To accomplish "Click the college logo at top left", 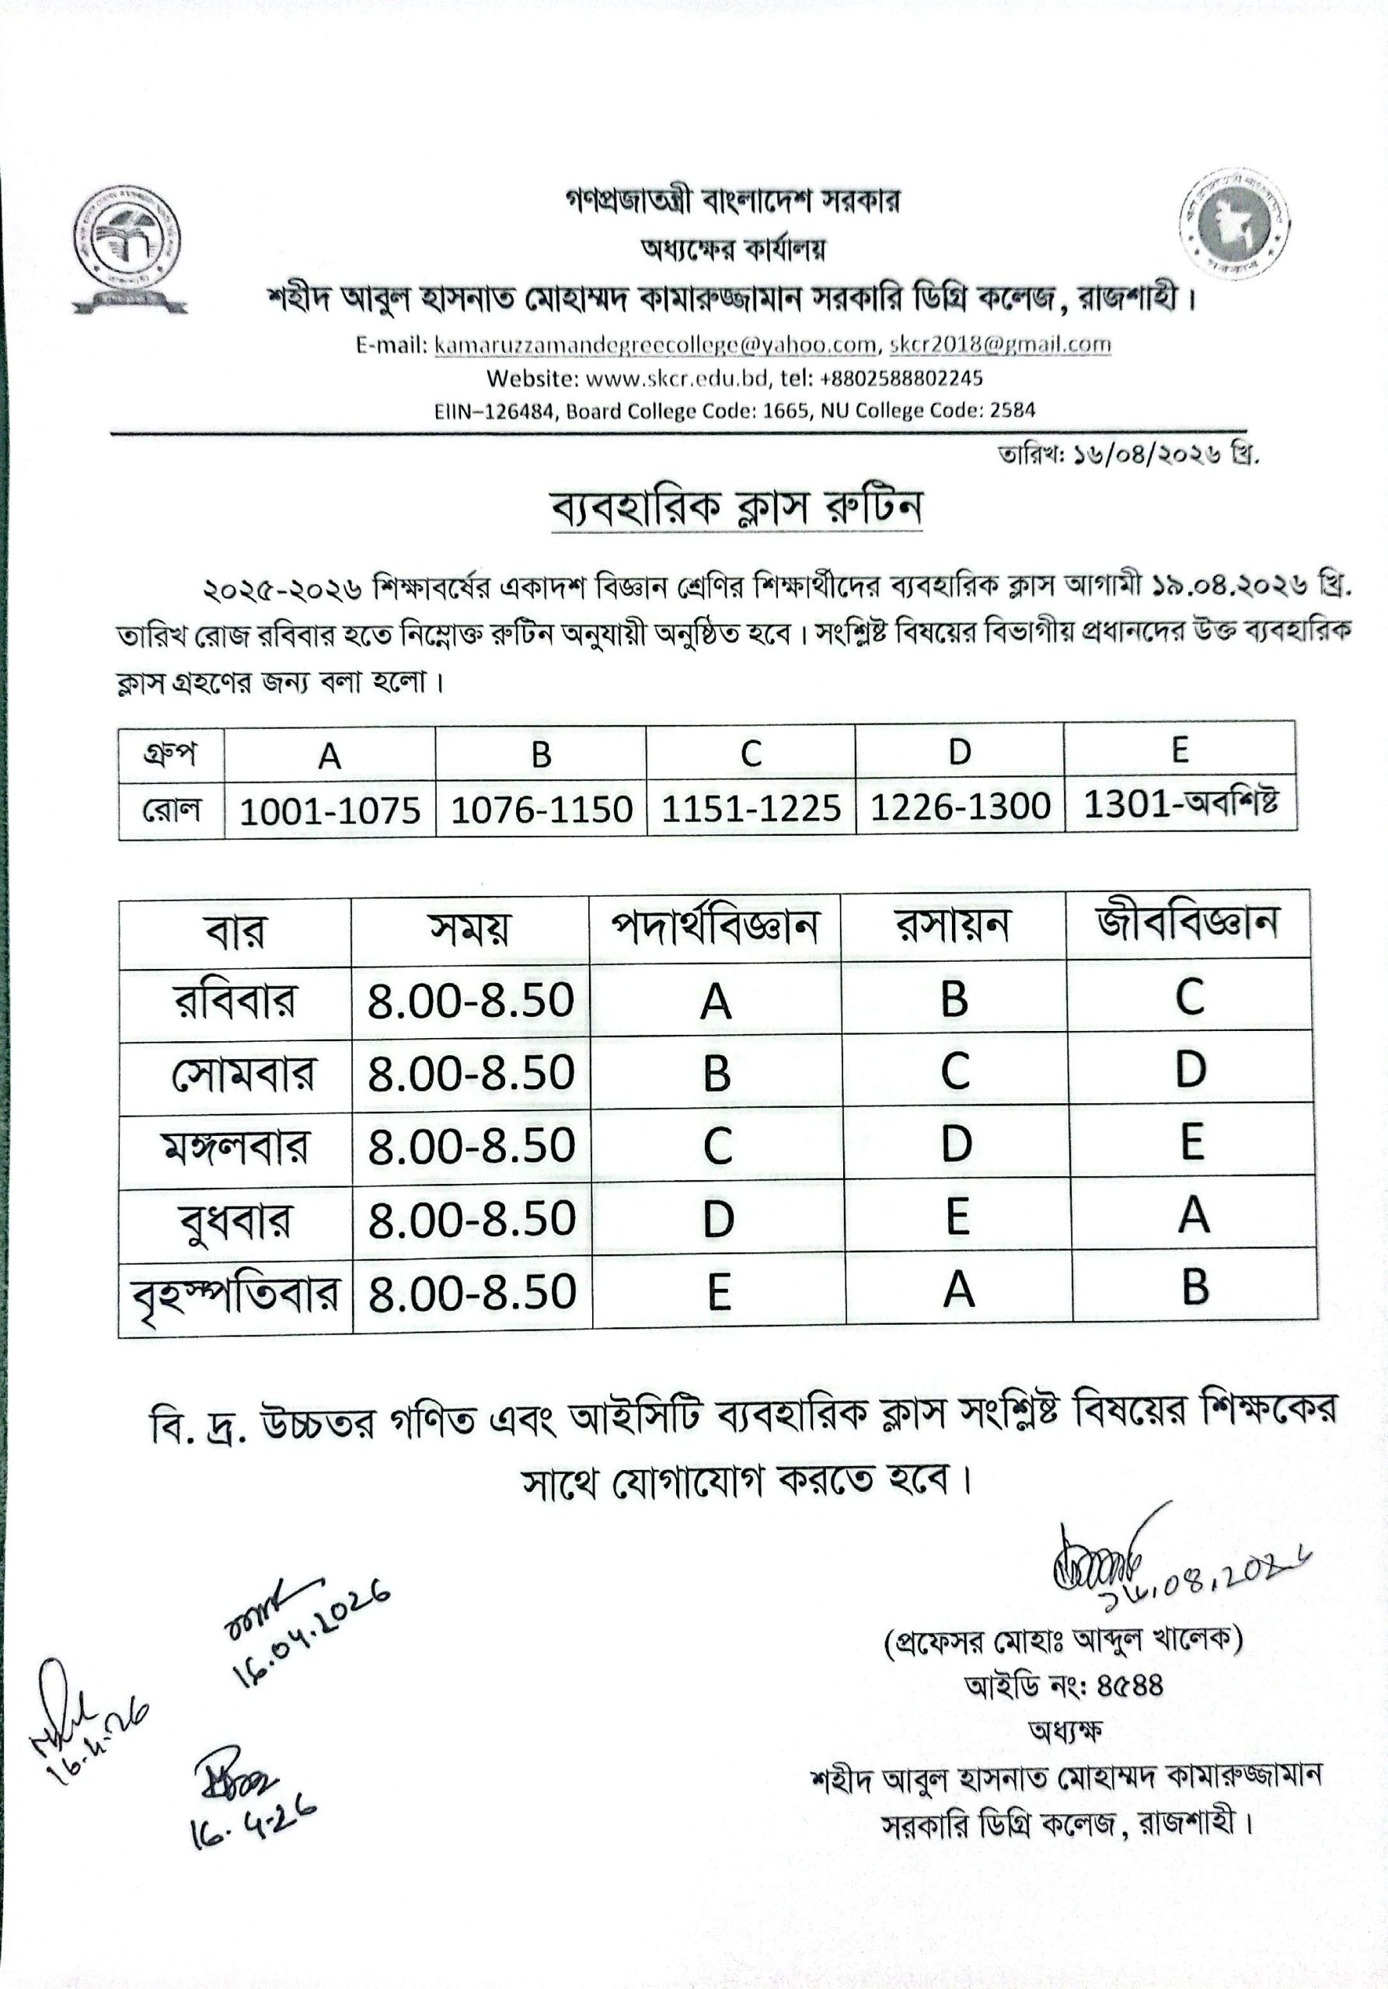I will (128, 247).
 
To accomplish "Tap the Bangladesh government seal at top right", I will (1235, 224).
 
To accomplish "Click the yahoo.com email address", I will (655, 345).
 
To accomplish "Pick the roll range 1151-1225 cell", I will (750, 808).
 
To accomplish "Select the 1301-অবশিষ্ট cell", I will (1180, 805).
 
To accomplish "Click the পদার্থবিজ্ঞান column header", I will (715, 928).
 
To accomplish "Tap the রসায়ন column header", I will (952, 925).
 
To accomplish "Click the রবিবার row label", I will (235, 1001).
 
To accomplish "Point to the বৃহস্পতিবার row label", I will (235, 1295).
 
